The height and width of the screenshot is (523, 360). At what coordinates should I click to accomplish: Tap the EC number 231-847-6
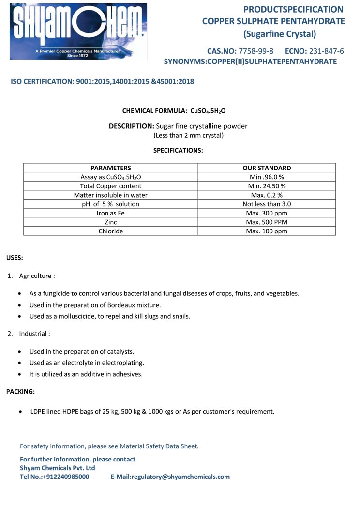tap(326, 51)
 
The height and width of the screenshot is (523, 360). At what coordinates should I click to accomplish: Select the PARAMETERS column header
tap(111, 168)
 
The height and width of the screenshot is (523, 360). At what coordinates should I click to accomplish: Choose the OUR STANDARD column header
tap(267, 168)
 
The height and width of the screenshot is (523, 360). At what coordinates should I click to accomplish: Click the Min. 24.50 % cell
tap(267, 186)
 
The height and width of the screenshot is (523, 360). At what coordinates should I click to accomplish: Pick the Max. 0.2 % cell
tap(267, 195)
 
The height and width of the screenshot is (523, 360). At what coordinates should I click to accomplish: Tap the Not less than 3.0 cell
tap(267, 204)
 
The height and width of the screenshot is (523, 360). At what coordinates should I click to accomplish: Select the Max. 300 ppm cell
tap(267, 213)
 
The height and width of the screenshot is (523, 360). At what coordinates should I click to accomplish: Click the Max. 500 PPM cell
tap(267, 222)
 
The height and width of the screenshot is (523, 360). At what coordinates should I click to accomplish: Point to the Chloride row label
tap(111, 231)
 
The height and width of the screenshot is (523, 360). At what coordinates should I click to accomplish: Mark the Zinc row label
tap(111, 222)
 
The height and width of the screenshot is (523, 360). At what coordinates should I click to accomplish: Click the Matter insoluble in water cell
tap(111, 195)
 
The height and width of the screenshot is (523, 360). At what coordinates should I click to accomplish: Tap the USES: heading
tap(15, 258)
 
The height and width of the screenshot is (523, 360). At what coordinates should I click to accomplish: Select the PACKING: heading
tap(20, 392)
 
